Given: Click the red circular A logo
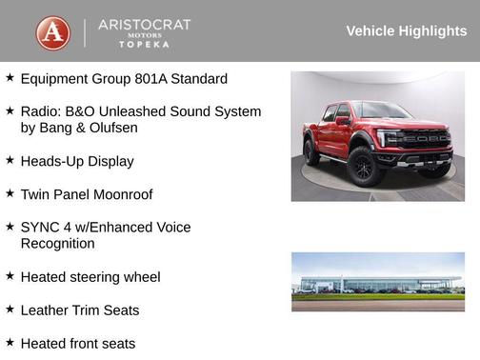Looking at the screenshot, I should pos(52,32).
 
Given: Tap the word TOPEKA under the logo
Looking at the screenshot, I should pos(144,44).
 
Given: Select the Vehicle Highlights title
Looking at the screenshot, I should pos(406,30).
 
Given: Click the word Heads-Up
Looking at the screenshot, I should pos(51,161).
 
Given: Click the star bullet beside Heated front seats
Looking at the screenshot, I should pos(10,342).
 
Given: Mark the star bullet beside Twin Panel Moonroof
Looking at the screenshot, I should pos(10,193).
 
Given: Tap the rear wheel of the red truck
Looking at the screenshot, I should pos(310,150).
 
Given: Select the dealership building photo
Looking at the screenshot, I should pos(377,281).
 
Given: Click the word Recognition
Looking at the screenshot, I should pos(57,243).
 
